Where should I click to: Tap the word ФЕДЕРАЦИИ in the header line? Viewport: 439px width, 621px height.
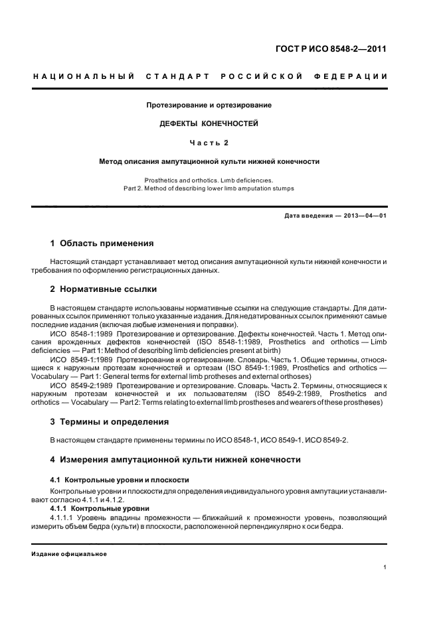click(357, 77)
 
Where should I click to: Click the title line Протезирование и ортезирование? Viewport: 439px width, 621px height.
click(209, 105)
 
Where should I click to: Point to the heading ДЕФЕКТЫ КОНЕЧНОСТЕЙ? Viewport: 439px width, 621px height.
click(209, 123)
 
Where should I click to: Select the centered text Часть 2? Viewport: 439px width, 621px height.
click(209, 142)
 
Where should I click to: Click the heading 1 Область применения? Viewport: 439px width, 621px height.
click(102, 243)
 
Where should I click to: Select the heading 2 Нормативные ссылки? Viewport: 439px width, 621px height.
click(105, 289)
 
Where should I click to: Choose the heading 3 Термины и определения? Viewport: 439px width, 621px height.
click(110, 421)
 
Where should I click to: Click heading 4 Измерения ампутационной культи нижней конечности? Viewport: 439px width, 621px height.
click(176, 460)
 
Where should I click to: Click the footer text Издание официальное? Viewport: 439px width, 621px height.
click(69, 554)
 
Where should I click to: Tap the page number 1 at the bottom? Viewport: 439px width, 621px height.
click(385, 568)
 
